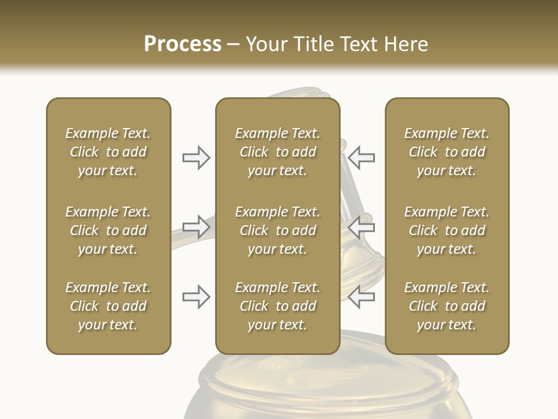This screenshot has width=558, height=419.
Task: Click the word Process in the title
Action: tap(183, 44)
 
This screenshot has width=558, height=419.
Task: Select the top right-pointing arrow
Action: tap(196, 157)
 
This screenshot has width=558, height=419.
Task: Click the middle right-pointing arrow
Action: tap(196, 226)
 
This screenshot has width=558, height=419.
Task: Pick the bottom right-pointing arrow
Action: tap(196, 296)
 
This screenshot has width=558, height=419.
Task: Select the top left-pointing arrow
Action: tap(362, 157)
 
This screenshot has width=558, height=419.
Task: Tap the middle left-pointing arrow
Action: tap(362, 226)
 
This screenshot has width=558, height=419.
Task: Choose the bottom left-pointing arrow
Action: tap(362, 296)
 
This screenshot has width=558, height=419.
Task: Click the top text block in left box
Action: tap(108, 152)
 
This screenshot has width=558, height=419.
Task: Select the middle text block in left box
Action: tap(108, 230)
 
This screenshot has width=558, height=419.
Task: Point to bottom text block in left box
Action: tap(108, 306)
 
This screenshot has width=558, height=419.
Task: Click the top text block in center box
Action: tap(277, 152)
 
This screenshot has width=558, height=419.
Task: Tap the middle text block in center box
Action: tap(277, 230)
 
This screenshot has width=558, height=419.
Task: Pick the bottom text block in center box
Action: tap(277, 306)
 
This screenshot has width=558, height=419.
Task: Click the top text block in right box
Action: tap(447, 152)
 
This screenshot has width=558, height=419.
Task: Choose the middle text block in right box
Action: tap(447, 230)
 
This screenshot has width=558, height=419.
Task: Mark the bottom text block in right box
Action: tap(447, 306)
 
